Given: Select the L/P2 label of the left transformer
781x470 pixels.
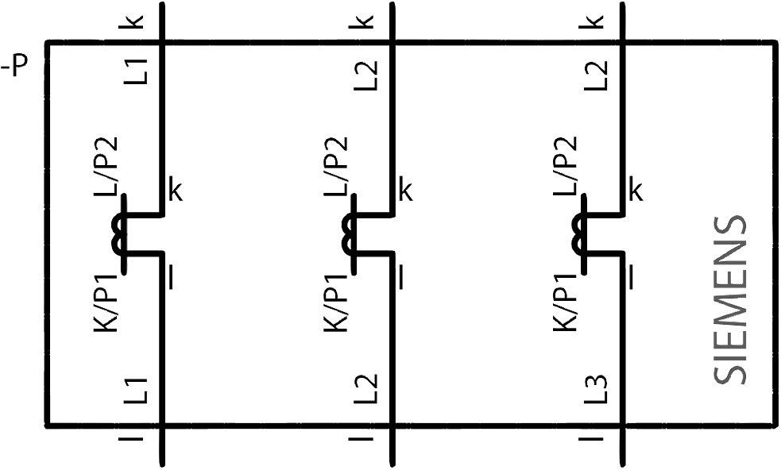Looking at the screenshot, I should click(106, 167).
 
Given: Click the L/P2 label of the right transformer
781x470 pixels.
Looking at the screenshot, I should click(566, 167).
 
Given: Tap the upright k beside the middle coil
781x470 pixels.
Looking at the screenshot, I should click(405, 191).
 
